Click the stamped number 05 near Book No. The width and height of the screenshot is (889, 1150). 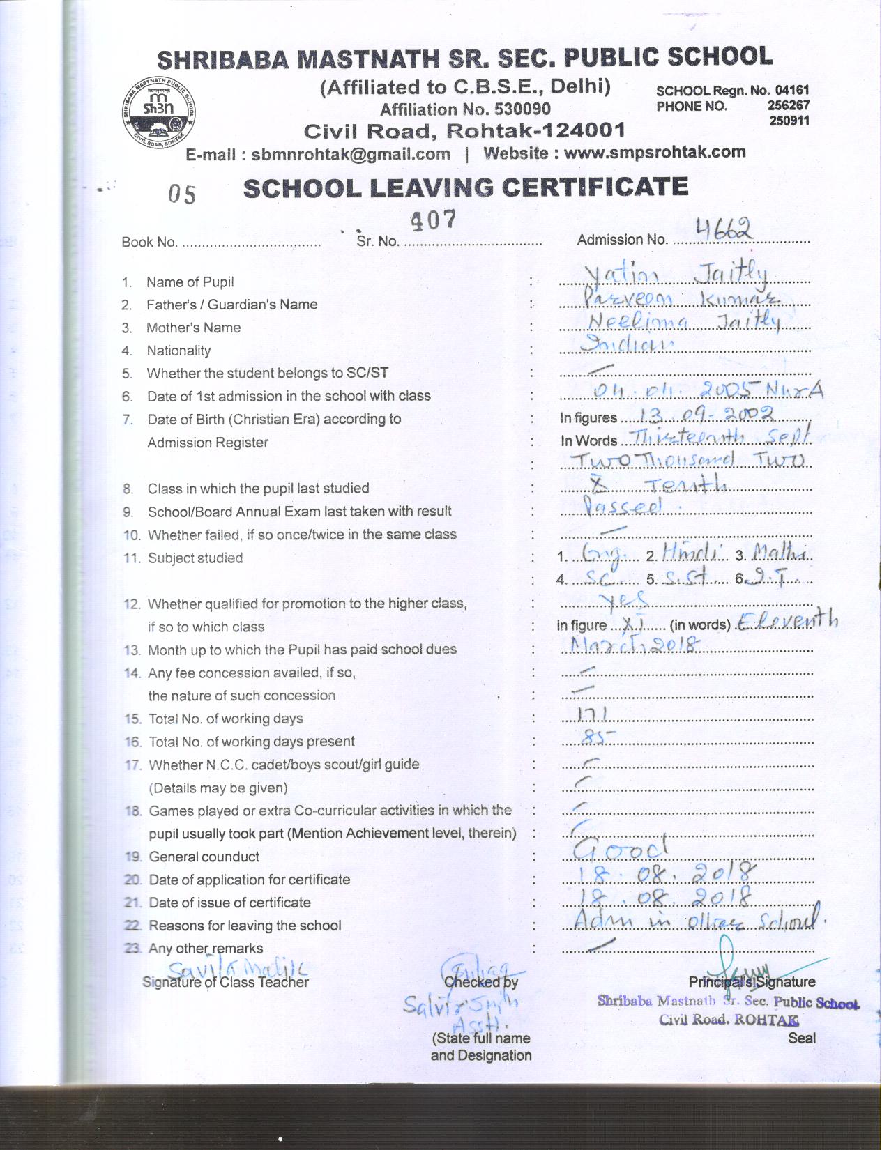[x=182, y=194]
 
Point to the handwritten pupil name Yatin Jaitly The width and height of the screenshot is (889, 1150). [x=676, y=275]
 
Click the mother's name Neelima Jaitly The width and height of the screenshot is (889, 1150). [x=683, y=321]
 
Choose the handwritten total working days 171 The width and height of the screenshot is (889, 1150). [x=593, y=715]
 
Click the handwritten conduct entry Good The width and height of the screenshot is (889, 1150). [x=621, y=848]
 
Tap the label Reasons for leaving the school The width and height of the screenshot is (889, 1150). [x=245, y=926]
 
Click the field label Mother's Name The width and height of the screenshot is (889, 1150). [x=193, y=328]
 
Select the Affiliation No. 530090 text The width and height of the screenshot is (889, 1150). [x=465, y=109]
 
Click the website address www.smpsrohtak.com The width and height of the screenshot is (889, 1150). [x=654, y=153]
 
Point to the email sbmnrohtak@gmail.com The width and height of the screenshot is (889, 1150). [x=350, y=155]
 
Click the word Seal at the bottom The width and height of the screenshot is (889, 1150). [x=802, y=1038]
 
